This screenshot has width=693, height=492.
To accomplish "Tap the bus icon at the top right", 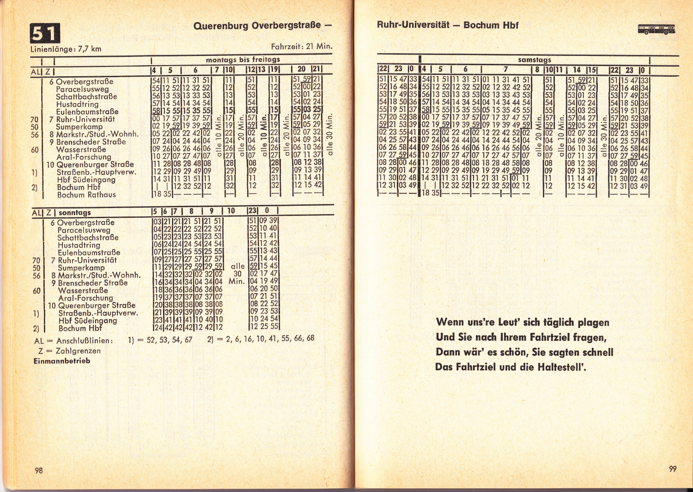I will (x=656, y=30).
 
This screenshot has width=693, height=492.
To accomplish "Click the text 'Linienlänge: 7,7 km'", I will (x=66, y=49).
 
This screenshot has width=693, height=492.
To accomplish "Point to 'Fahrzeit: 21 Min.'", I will (x=301, y=47).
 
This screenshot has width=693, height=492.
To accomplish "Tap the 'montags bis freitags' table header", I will (x=243, y=60).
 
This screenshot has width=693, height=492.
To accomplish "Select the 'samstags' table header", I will (x=535, y=60).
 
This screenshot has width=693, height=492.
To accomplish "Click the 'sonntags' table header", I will (x=75, y=213).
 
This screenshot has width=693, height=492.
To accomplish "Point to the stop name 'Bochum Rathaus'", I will (x=86, y=195).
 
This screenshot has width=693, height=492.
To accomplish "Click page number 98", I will (x=39, y=470).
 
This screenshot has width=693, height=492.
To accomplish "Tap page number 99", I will (x=673, y=468).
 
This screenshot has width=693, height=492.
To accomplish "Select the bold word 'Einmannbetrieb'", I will (x=62, y=361).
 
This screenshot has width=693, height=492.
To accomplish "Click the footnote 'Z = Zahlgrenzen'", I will (x=70, y=351).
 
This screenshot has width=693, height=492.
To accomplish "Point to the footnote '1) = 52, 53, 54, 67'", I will (x=160, y=340).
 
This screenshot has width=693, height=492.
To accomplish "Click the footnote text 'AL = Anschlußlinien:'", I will (x=73, y=341).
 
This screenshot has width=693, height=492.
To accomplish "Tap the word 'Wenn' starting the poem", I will (x=450, y=322).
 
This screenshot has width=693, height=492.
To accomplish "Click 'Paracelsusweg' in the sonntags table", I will (x=84, y=230).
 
